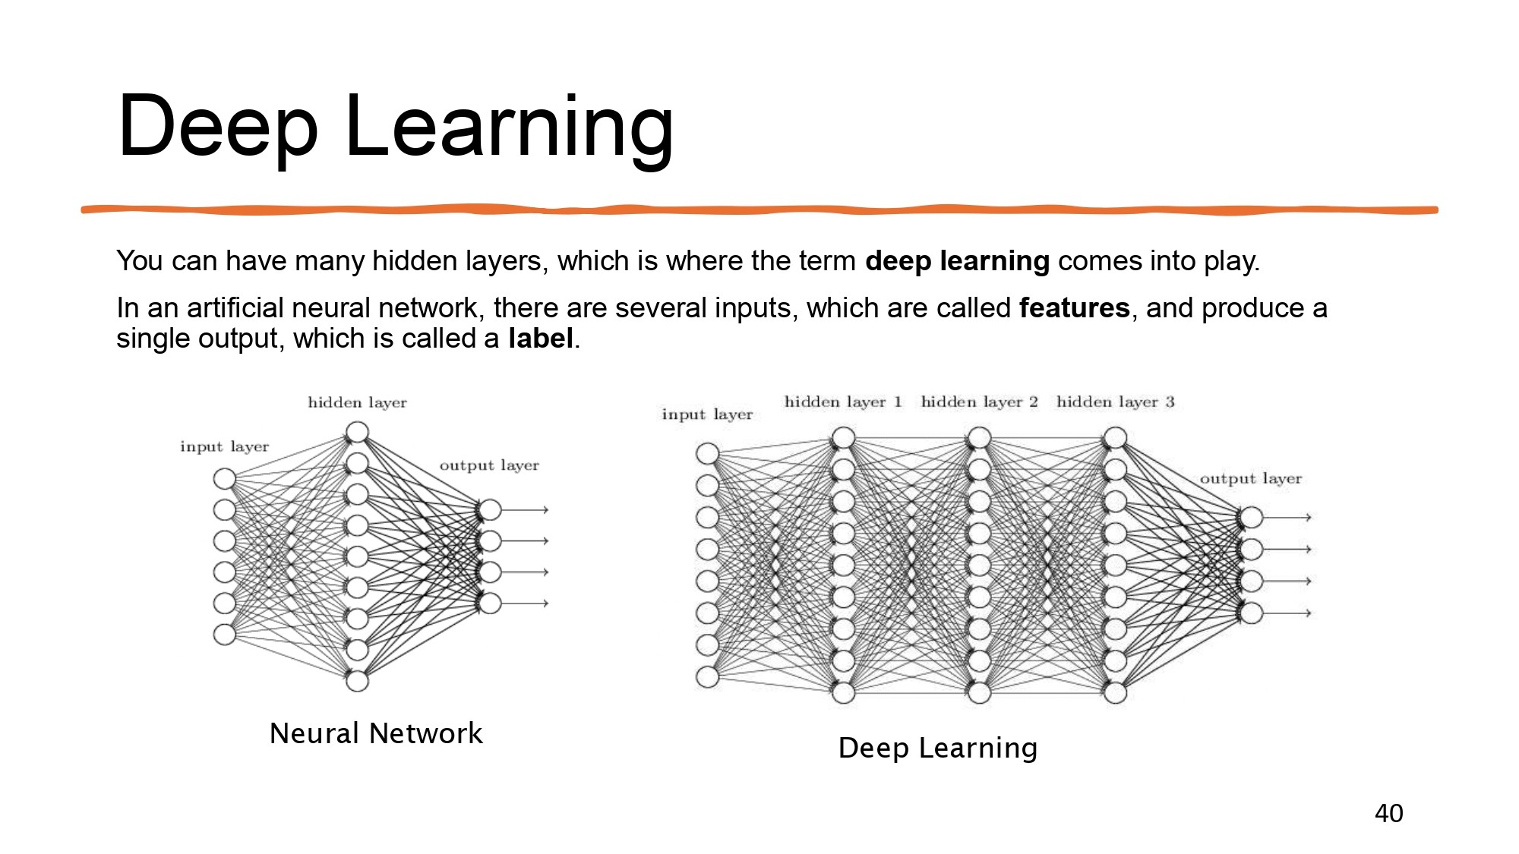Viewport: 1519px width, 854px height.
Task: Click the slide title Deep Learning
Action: coord(396,127)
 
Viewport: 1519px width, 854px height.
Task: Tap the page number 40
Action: coord(1388,813)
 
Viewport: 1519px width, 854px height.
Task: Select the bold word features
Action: coord(1074,307)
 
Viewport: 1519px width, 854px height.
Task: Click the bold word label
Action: coord(541,338)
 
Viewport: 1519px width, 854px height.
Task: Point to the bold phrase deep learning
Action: coord(957,261)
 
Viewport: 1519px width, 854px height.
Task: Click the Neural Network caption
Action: coord(376,733)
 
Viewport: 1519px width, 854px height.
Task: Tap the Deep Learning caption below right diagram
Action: coord(938,748)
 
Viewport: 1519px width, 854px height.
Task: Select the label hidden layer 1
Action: coord(843,402)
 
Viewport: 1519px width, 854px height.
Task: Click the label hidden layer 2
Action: coord(979,402)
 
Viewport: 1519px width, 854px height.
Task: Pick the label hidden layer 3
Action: coord(1115,402)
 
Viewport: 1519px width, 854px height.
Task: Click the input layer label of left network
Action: coord(224,446)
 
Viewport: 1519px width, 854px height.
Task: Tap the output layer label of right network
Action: coord(1251,479)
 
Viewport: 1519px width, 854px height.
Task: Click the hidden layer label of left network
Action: coord(357,402)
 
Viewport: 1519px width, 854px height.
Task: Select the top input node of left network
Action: coord(225,478)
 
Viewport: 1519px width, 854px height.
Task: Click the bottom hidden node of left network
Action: coord(357,681)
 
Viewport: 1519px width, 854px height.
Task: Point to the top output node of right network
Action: coord(1251,518)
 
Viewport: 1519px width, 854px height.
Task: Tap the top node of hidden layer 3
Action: coord(1115,438)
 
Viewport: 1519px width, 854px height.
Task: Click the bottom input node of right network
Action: coord(707,677)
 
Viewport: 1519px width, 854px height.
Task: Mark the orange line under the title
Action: coord(759,210)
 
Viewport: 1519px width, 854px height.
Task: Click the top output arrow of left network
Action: coord(525,509)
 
